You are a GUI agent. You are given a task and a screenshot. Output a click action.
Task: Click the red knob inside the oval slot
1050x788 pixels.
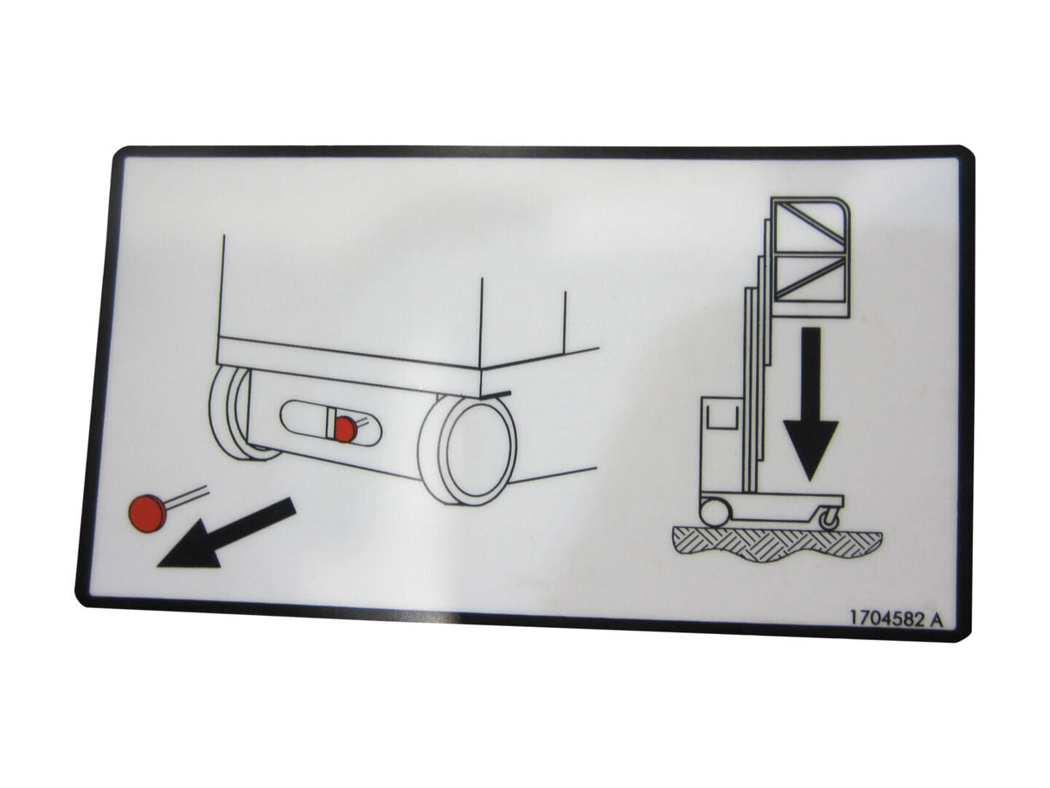click(345, 429)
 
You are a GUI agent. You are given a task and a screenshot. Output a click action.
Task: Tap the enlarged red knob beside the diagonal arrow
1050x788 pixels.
click(147, 514)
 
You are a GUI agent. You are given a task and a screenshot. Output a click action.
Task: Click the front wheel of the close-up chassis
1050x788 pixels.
click(468, 448)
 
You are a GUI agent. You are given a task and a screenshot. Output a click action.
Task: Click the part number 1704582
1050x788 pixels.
click(885, 618)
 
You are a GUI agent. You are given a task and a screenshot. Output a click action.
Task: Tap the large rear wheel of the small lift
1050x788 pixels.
click(715, 513)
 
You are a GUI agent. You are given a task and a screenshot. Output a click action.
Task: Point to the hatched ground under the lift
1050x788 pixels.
click(778, 543)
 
